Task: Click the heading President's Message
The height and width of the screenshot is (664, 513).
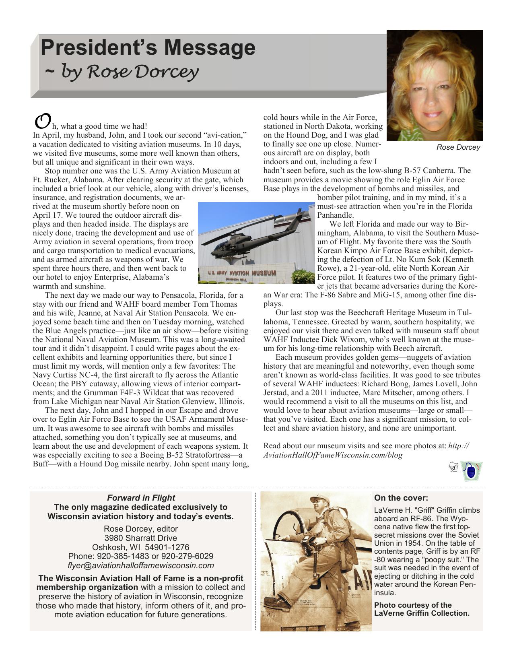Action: click(x=148, y=47)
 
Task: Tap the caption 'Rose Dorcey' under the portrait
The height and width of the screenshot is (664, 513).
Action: click(x=458, y=147)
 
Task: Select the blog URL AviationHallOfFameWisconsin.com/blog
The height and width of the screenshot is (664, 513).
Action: click(x=332, y=455)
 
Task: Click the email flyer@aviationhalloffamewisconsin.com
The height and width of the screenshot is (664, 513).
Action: click(x=140, y=565)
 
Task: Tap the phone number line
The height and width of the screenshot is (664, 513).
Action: click(x=140, y=556)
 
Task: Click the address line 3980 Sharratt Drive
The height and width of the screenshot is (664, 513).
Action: click(x=140, y=538)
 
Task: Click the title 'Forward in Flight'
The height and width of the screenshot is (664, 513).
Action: click(x=140, y=498)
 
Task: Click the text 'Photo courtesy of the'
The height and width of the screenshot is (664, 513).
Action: click(x=412, y=605)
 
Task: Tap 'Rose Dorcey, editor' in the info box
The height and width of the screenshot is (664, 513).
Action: click(x=140, y=529)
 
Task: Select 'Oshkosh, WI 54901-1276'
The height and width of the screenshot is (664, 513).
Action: click(x=140, y=547)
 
